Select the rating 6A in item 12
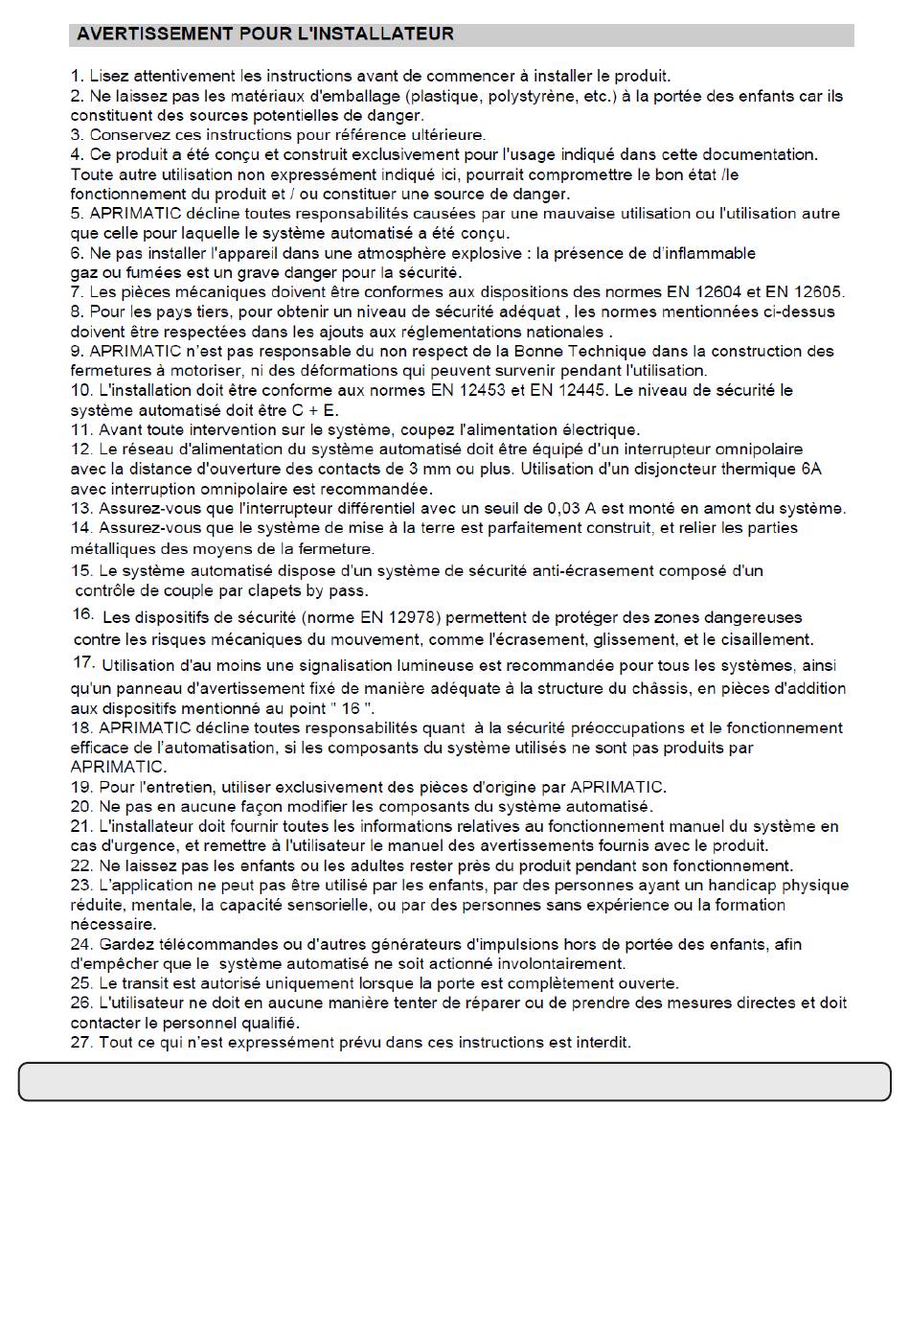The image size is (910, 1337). pyautogui.click(x=810, y=469)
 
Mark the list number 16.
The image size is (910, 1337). pyautogui.click(x=82, y=614)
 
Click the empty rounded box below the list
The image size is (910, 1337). pyautogui.click(x=454, y=1080)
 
